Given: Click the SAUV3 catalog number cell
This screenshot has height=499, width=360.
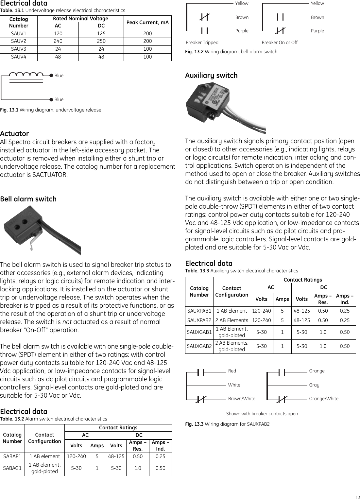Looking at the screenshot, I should [x=19, y=49].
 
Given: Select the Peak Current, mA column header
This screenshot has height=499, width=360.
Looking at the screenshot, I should [x=147, y=22].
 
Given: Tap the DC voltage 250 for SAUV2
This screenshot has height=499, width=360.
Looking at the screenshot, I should [x=101, y=41].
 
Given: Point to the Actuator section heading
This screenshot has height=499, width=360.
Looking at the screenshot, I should [x=14, y=133].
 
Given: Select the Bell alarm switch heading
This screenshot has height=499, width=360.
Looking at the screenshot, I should [x=28, y=199].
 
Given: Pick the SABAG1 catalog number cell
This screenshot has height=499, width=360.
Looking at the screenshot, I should [x=12, y=468].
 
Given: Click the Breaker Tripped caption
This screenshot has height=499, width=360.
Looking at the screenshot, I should [x=202, y=43].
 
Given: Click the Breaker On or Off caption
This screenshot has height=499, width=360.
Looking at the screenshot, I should [x=280, y=43].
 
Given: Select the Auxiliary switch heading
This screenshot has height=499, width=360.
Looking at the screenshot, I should [x=211, y=76].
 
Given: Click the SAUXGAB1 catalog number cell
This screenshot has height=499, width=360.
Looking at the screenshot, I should [x=199, y=332].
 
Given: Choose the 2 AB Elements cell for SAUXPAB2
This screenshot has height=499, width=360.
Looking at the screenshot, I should [x=231, y=320].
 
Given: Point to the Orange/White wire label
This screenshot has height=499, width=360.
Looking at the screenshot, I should [x=324, y=399].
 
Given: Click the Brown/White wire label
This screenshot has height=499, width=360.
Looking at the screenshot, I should [x=242, y=399].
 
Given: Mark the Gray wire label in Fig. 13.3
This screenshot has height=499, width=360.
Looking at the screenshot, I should [x=314, y=385].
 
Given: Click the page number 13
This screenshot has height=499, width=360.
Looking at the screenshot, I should [x=357, y=497].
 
